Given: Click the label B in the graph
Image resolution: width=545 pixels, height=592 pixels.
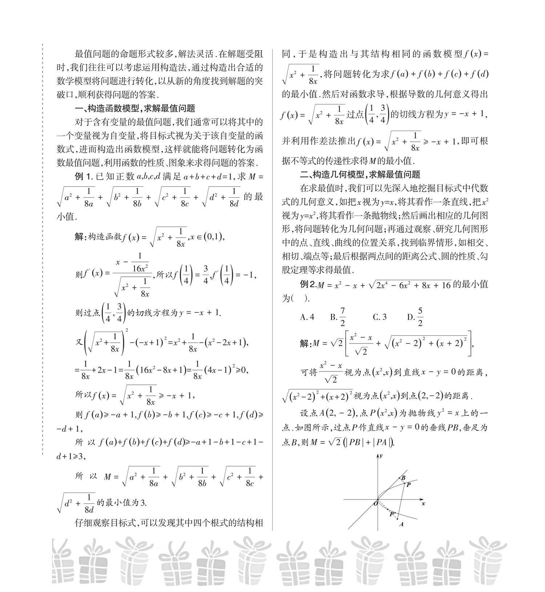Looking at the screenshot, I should [403, 478].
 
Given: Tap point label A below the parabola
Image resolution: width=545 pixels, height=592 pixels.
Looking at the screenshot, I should [401, 524].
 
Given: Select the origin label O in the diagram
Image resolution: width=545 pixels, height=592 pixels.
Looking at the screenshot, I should [375, 503].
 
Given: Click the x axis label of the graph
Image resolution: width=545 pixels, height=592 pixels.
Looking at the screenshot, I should [423, 503].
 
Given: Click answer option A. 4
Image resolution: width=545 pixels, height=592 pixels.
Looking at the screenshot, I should [307, 317].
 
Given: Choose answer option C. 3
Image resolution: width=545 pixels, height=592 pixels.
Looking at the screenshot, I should [380, 317].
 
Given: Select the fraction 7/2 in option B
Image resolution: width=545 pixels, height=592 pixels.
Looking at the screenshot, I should [342, 317].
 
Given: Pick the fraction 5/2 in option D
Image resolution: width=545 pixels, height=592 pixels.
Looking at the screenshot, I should [420, 317].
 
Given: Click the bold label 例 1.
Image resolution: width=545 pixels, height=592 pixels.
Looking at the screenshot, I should [84, 177].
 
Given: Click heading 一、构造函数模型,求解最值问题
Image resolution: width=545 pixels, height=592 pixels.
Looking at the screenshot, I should [134, 108].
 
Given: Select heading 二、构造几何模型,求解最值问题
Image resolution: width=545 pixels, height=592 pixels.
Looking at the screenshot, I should [360, 174].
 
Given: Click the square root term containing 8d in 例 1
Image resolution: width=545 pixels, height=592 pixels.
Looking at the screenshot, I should [220, 197].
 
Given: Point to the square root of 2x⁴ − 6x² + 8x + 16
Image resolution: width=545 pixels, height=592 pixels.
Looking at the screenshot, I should [410, 285].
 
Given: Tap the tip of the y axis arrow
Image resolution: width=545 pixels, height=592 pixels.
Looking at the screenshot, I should [379, 454].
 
